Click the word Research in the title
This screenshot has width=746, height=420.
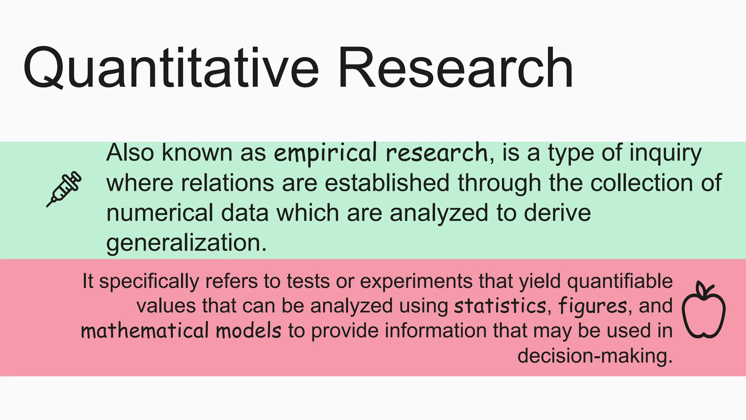click(x=455, y=68)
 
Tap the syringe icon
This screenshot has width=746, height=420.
click(x=64, y=189)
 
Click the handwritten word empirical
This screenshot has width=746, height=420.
click(x=325, y=153)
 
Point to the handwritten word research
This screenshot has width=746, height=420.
click(x=436, y=153)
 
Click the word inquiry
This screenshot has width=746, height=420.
click(x=665, y=153)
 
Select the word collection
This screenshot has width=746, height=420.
click(x=641, y=183)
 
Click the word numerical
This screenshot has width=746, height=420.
click(x=160, y=213)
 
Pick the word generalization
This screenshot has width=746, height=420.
click(x=186, y=243)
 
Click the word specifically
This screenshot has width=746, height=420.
click(x=149, y=281)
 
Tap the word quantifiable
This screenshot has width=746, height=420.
click(x=620, y=281)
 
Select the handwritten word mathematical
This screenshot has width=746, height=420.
click(x=145, y=330)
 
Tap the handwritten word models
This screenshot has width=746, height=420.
click(x=248, y=330)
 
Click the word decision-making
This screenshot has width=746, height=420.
click(x=594, y=355)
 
